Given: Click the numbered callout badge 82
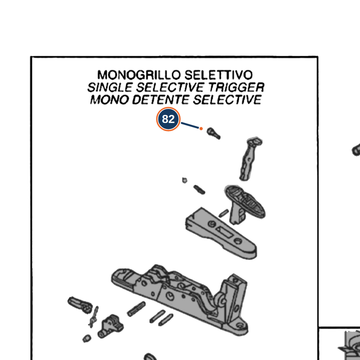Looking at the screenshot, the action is [x=168, y=119].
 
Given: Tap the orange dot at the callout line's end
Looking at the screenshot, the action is [x=201, y=129].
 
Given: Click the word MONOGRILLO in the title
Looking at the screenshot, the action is [x=139, y=75].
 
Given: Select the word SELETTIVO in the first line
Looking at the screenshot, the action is [x=218, y=75].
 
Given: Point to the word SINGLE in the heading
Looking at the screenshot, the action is [x=110, y=88].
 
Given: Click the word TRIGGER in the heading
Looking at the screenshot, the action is [x=236, y=88].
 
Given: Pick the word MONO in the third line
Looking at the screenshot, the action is [x=109, y=100].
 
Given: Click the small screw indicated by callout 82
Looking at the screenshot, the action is [x=213, y=133].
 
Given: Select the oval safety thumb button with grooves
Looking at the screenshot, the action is [x=245, y=201].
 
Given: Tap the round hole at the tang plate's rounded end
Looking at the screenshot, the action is [x=238, y=241].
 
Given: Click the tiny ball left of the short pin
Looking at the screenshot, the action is [x=184, y=180].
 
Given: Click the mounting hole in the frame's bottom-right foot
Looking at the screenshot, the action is [x=239, y=326].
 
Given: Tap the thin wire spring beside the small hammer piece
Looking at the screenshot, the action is [x=94, y=317].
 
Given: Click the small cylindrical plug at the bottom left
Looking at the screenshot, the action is [x=87, y=339].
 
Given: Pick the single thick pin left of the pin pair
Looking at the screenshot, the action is [x=136, y=309].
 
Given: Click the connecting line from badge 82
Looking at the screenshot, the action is [x=190, y=126].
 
